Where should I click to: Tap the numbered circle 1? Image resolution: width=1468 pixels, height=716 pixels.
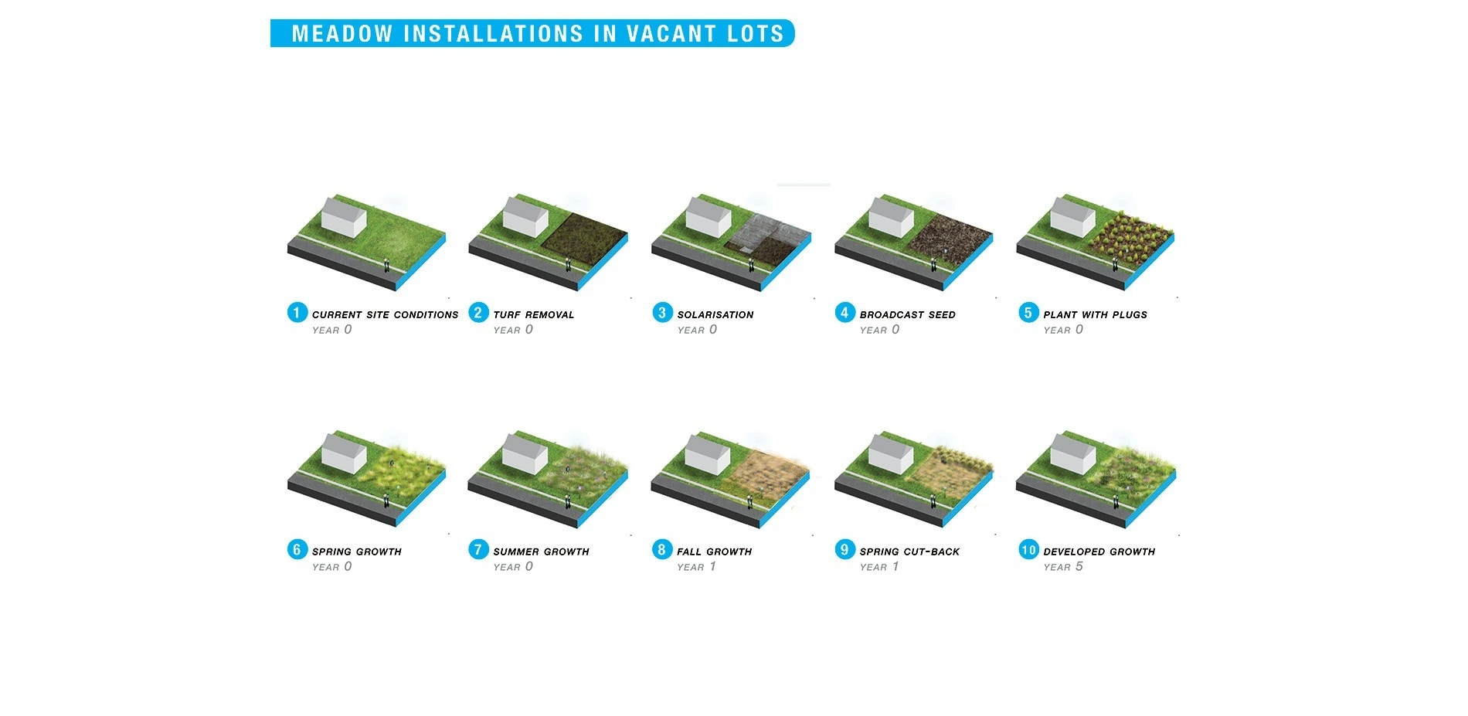click(297, 313)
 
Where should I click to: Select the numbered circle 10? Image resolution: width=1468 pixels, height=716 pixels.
click(1028, 550)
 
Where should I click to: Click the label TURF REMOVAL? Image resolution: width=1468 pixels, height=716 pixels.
click(534, 315)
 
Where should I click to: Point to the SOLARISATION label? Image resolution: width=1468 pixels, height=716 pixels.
click(715, 315)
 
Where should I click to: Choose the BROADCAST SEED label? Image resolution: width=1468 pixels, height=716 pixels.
click(908, 315)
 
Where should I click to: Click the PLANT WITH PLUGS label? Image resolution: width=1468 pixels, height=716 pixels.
click(1096, 315)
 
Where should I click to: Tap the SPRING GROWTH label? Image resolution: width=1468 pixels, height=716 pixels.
click(357, 552)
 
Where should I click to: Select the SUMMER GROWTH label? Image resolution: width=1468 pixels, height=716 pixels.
click(541, 552)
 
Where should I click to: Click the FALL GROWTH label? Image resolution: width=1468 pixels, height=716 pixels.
click(715, 552)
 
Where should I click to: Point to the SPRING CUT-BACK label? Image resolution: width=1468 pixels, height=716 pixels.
click(909, 552)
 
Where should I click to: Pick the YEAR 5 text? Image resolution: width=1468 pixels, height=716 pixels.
click(1063, 567)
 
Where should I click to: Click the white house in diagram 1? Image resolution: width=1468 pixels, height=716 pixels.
click(344, 217)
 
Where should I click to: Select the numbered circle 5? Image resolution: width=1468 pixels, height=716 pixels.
click(1028, 313)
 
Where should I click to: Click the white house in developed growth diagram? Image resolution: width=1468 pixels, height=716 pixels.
click(1073, 454)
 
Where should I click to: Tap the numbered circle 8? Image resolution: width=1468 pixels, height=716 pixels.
click(661, 550)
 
